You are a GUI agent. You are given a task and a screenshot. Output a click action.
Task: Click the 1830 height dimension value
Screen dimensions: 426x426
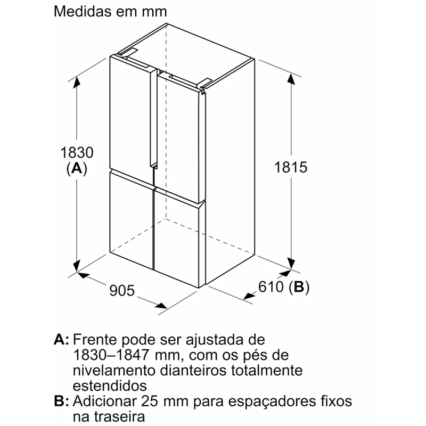coord(77,152)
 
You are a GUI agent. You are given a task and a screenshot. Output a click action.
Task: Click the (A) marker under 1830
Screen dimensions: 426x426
coord(77,169)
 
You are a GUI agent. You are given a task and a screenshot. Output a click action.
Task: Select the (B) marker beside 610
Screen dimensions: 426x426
coord(299,288)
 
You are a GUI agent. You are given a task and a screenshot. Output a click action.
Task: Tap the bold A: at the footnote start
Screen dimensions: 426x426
coord(62,340)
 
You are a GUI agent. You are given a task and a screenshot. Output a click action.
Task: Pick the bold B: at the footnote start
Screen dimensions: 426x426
coord(62,401)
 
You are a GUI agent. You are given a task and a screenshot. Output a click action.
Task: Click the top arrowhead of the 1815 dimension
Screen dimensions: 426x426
coord(291,79)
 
